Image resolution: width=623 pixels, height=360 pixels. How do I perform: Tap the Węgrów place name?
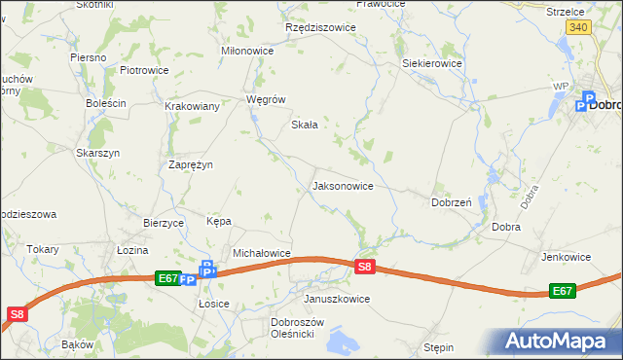coord(266,99)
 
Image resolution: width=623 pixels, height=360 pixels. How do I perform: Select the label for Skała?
coord(306,125)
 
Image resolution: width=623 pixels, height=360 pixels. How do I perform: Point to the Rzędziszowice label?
coord(320,27)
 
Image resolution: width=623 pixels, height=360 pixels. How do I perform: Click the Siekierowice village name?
coord(432,63)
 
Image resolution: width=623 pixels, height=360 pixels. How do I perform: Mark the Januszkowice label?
coord(337,299)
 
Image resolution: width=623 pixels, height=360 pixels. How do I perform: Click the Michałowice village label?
coord(262,253)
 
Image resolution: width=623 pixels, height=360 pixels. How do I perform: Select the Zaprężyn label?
coord(191,165)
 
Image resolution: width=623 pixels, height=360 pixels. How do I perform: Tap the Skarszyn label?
coord(97,153)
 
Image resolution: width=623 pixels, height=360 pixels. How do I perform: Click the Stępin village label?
coord(439,346)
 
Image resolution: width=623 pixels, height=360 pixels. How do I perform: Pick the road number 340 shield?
coord(578,27)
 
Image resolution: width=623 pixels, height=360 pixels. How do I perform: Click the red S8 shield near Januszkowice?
coord(364,266)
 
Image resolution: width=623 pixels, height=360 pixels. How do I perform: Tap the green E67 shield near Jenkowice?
coord(562,291)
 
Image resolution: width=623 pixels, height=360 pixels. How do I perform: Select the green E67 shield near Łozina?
coord(167,278)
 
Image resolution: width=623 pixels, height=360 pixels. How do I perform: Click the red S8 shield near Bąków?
coord(17,313)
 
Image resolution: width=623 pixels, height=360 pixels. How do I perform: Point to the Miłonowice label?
coord(248,51)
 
